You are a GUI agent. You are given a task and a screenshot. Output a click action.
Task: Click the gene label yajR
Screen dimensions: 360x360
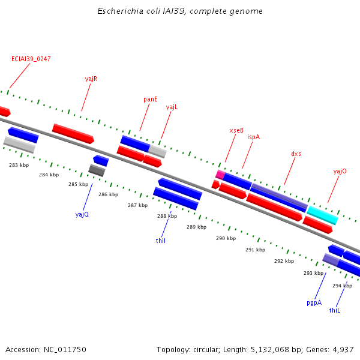pyautogui.click(x=91, y=79)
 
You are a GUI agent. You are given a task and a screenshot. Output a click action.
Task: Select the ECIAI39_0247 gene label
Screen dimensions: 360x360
pyautogui.click(x=31, y=59)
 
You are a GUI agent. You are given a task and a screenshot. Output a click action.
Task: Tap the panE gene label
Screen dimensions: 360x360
pyautogui.click(x=151, y=99)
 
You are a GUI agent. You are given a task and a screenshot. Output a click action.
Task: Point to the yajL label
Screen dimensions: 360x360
pyautogui.click(x=172, y=107)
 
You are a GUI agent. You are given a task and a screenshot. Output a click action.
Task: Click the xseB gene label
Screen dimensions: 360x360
pyautogui.click(x=236, y=130)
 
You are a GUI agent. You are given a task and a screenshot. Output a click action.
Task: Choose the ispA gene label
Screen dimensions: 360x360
pyautogui.click(x=254, y=137)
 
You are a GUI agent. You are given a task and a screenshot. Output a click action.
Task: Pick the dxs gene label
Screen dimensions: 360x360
pyautogui.click(x=296, y=154)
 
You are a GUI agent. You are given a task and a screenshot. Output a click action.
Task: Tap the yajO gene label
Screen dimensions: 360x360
pyautogui.click(x=340, y=171)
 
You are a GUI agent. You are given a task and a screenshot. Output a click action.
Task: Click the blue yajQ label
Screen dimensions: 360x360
pyautogui.click(x=82, y=214)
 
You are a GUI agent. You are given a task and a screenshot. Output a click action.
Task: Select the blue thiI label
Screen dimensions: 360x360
pyautogui.click(x=161, y=241)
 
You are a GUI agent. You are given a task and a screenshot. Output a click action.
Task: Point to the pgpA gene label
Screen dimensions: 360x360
pyautogui.click(x=314, y=302)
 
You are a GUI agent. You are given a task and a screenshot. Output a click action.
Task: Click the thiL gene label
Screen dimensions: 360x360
pyautogui.click(x=335, y=310)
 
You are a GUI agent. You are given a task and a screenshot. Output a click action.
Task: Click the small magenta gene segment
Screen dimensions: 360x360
pyautogui.click(x=220, y=175)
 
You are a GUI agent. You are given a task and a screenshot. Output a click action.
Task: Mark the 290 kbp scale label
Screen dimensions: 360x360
pyautogui.click(x=226, y=238)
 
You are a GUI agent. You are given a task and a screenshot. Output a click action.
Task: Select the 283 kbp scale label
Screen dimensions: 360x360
pyautogui.click(x=19, y=164)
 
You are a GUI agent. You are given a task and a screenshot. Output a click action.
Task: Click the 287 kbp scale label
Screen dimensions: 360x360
pyautogui.click(x=137, y=205)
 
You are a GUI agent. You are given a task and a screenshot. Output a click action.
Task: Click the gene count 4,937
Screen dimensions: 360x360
pyautogui.click(x=341, y=349)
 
